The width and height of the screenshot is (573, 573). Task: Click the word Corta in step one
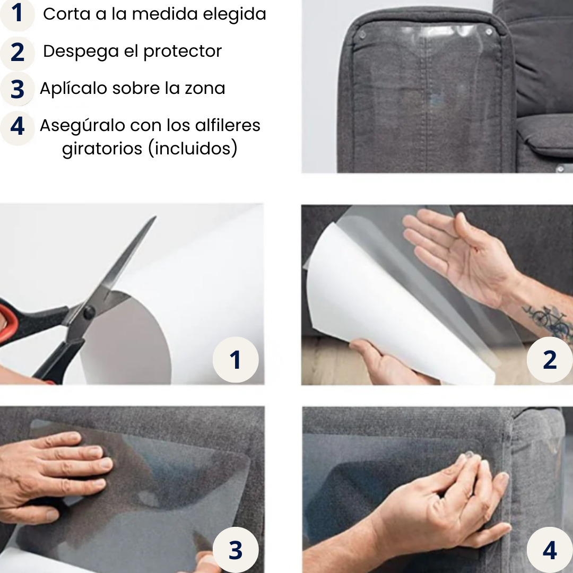click(66, 14)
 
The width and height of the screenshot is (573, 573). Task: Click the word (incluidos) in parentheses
click(193, 149)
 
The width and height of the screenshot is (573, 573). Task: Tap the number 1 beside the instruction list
click(17, 13)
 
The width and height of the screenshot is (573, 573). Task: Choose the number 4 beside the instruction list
click(17, 126)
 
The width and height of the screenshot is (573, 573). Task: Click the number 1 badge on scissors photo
click(236, 360)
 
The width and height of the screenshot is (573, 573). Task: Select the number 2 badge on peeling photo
click(550, 360)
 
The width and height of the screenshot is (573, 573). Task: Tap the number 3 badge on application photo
click(236, 550)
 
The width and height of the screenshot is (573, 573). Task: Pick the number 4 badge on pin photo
click(550, 550)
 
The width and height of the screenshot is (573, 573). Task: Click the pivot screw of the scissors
click(89, 312)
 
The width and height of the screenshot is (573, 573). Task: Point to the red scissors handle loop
click(7, 322)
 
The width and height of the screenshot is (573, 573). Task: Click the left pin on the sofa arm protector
click(362, 35)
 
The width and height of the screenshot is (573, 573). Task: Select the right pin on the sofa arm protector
click(489, 32)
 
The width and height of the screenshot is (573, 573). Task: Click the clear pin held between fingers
click(469, 455)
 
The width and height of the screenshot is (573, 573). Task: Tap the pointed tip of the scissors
click(155, 216)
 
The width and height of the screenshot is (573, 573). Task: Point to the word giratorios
click(102, 149)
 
